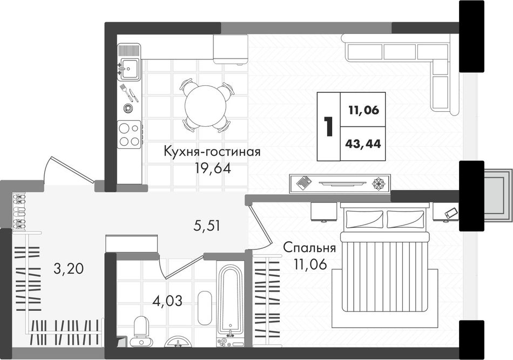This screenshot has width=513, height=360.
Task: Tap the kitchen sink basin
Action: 129,69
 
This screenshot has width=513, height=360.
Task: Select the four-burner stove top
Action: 129,134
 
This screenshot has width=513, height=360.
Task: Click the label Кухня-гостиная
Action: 212,152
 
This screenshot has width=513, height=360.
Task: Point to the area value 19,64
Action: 213,168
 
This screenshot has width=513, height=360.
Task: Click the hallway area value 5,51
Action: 206,226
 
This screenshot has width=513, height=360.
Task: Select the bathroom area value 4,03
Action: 167,301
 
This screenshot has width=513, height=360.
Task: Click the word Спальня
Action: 309,248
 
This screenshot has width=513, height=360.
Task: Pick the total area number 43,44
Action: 363,144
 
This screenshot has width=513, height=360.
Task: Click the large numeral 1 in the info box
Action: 328,126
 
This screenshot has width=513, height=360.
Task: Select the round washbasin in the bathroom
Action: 178,342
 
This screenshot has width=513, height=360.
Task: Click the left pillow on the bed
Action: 365,219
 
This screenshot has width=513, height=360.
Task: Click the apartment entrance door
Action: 68,171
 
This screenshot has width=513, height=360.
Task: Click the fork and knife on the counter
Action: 129,93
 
